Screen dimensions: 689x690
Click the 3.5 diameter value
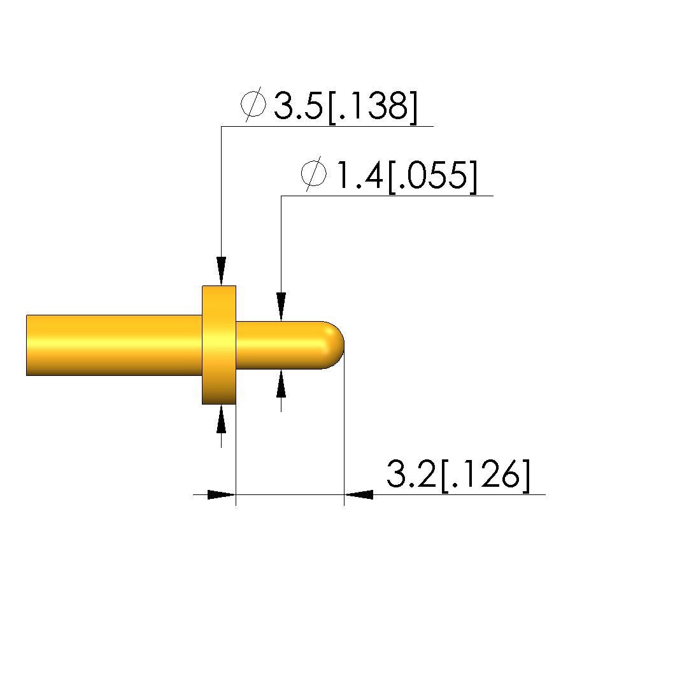[x=298, y=106]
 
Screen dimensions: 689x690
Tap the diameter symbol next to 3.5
[x=253, y=104]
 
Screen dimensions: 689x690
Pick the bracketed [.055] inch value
[x=432, y=176]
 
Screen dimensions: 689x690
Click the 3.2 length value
[x=411, y=474]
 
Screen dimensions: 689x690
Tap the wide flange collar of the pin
[x=219, y=345]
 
